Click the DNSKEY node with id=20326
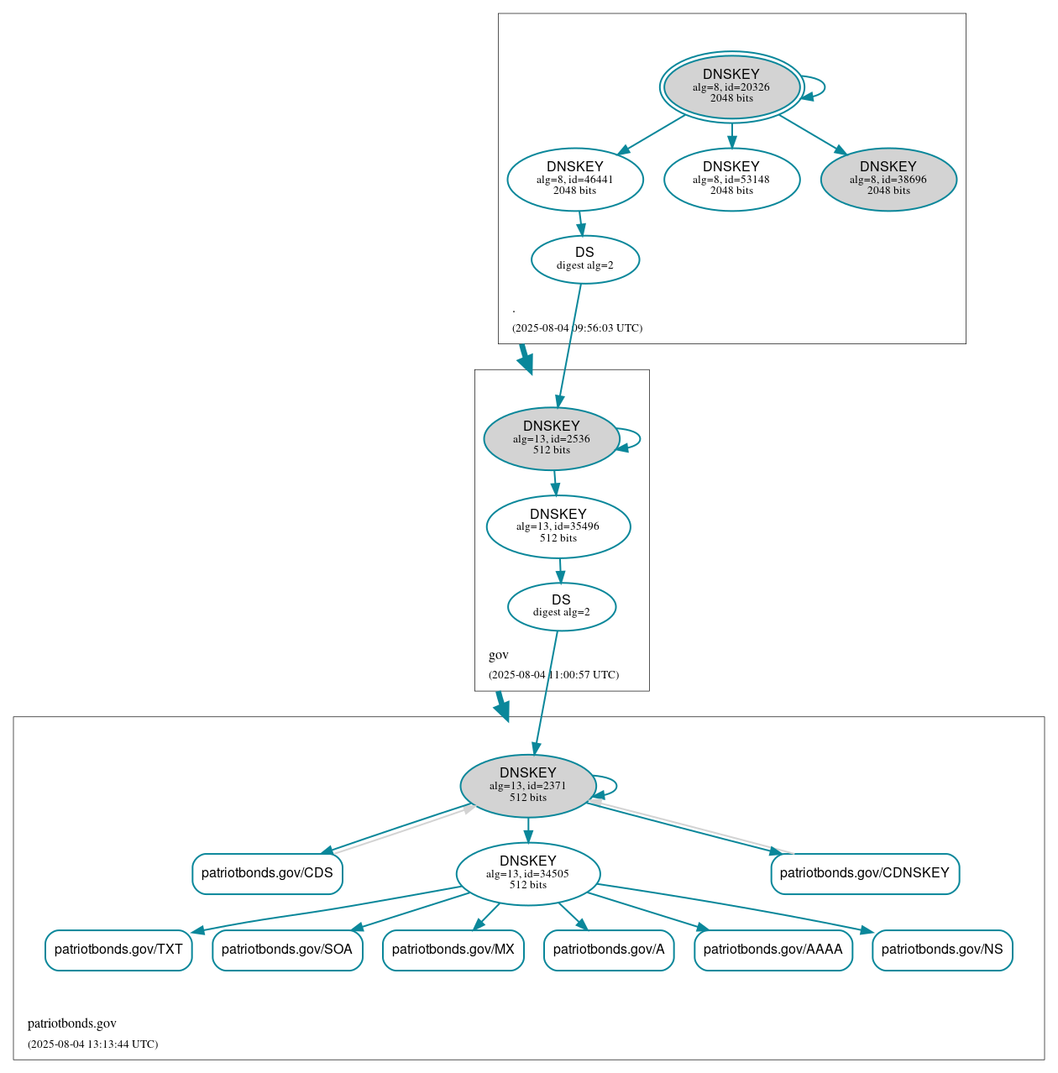731,86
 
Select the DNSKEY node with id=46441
575,179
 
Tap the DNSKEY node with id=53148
731,179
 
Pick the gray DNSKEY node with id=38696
888,179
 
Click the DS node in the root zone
585,259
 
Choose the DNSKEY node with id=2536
552,438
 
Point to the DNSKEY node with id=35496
558,526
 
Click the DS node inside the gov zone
562,606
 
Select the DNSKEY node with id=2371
528,786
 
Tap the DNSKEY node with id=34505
528,874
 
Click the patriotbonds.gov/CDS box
267,874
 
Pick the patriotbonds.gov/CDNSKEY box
865,874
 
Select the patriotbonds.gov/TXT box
118,950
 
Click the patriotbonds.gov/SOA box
287,950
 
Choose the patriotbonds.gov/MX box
453,950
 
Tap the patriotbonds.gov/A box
609,950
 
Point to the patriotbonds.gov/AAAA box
773,950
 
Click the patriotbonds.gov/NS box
942,950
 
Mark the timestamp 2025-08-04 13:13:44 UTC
92,1044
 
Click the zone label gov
499,655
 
